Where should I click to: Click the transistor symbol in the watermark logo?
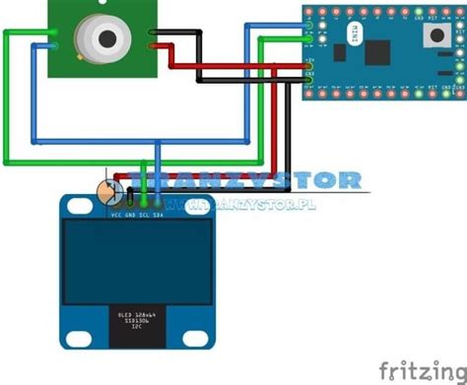tap(111, 188)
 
